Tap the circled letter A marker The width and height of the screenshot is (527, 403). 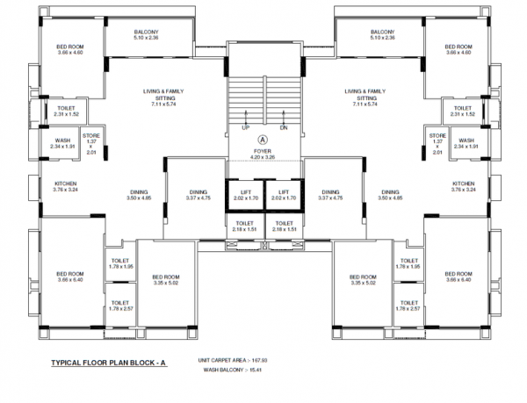[261, 139]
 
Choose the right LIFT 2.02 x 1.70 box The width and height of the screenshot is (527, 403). [283, 195]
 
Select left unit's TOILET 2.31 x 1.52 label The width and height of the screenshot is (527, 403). [68, 111]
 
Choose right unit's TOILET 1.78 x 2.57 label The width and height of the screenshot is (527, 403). [408, 306]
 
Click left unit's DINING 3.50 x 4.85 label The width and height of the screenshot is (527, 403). [140, 195]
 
